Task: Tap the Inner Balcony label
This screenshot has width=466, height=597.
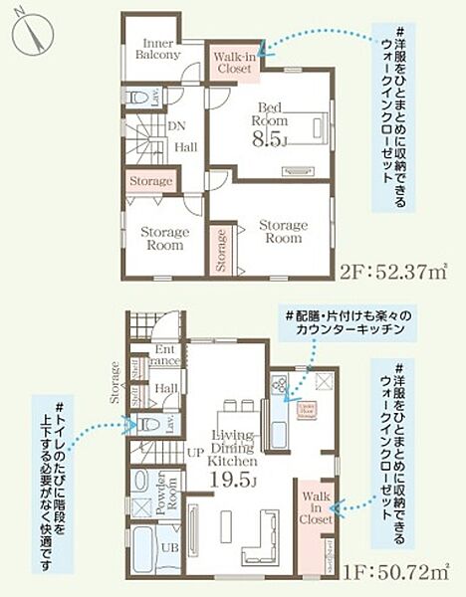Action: click(x=158, y=49)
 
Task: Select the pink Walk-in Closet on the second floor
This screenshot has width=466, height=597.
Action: click(x=235, y=64)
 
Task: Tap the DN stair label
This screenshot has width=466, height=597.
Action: click(x=175, y=126)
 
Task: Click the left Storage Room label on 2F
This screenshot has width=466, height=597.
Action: click(x=163, y=238)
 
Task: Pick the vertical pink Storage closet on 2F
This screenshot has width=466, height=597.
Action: click(x=220, y=250)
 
